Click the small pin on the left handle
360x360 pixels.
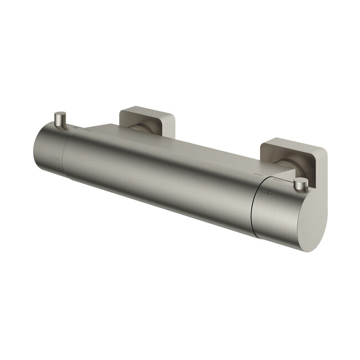[60, 119]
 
